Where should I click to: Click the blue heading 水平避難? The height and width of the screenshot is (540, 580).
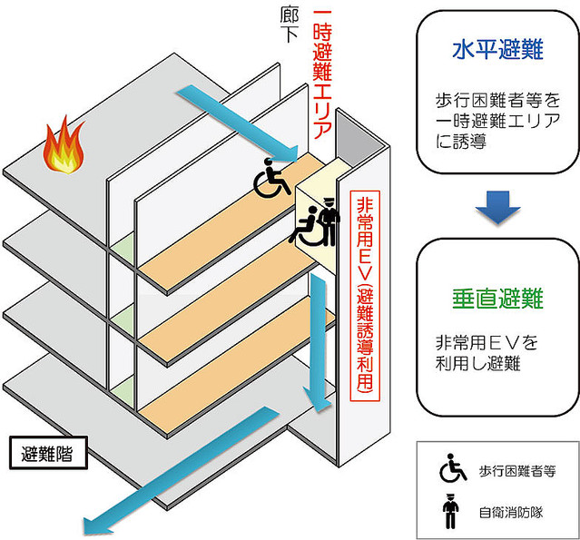point(496,49)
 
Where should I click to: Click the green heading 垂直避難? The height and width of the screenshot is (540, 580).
point(496,297)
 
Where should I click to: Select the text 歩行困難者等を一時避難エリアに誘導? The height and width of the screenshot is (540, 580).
point(496,122)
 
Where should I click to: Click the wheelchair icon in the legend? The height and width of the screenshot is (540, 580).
point(451,470)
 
